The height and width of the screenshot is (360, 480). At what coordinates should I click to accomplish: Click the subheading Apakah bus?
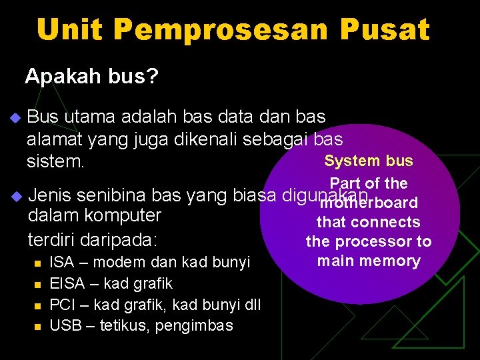click(92, 77)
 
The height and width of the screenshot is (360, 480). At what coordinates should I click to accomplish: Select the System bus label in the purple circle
click(369, 161)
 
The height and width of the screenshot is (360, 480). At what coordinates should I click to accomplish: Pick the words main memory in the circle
click(369, 261)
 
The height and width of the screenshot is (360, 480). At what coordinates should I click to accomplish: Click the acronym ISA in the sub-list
click(62, 262)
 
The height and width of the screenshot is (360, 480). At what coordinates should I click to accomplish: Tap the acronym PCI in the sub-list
click(62, 305)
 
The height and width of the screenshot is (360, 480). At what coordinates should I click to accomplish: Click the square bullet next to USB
click(38, 327)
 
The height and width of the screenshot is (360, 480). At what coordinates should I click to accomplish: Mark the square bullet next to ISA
click(38, 263)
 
